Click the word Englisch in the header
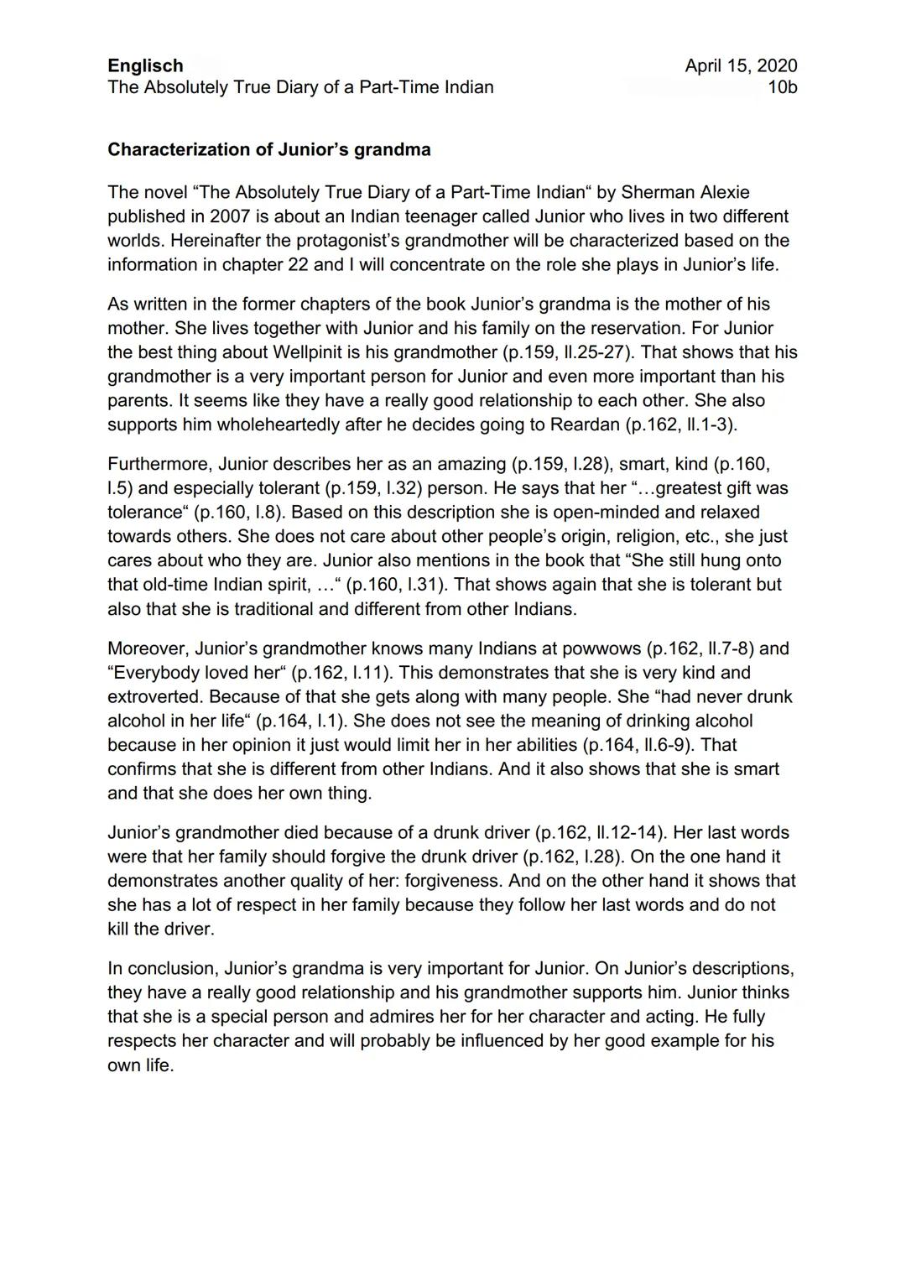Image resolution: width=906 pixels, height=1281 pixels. [145, 66]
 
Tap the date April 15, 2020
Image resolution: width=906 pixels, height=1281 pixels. [741, 66]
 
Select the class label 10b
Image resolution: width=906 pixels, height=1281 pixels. [782, 87]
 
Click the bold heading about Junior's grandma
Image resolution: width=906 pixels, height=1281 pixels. [268, 150]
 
